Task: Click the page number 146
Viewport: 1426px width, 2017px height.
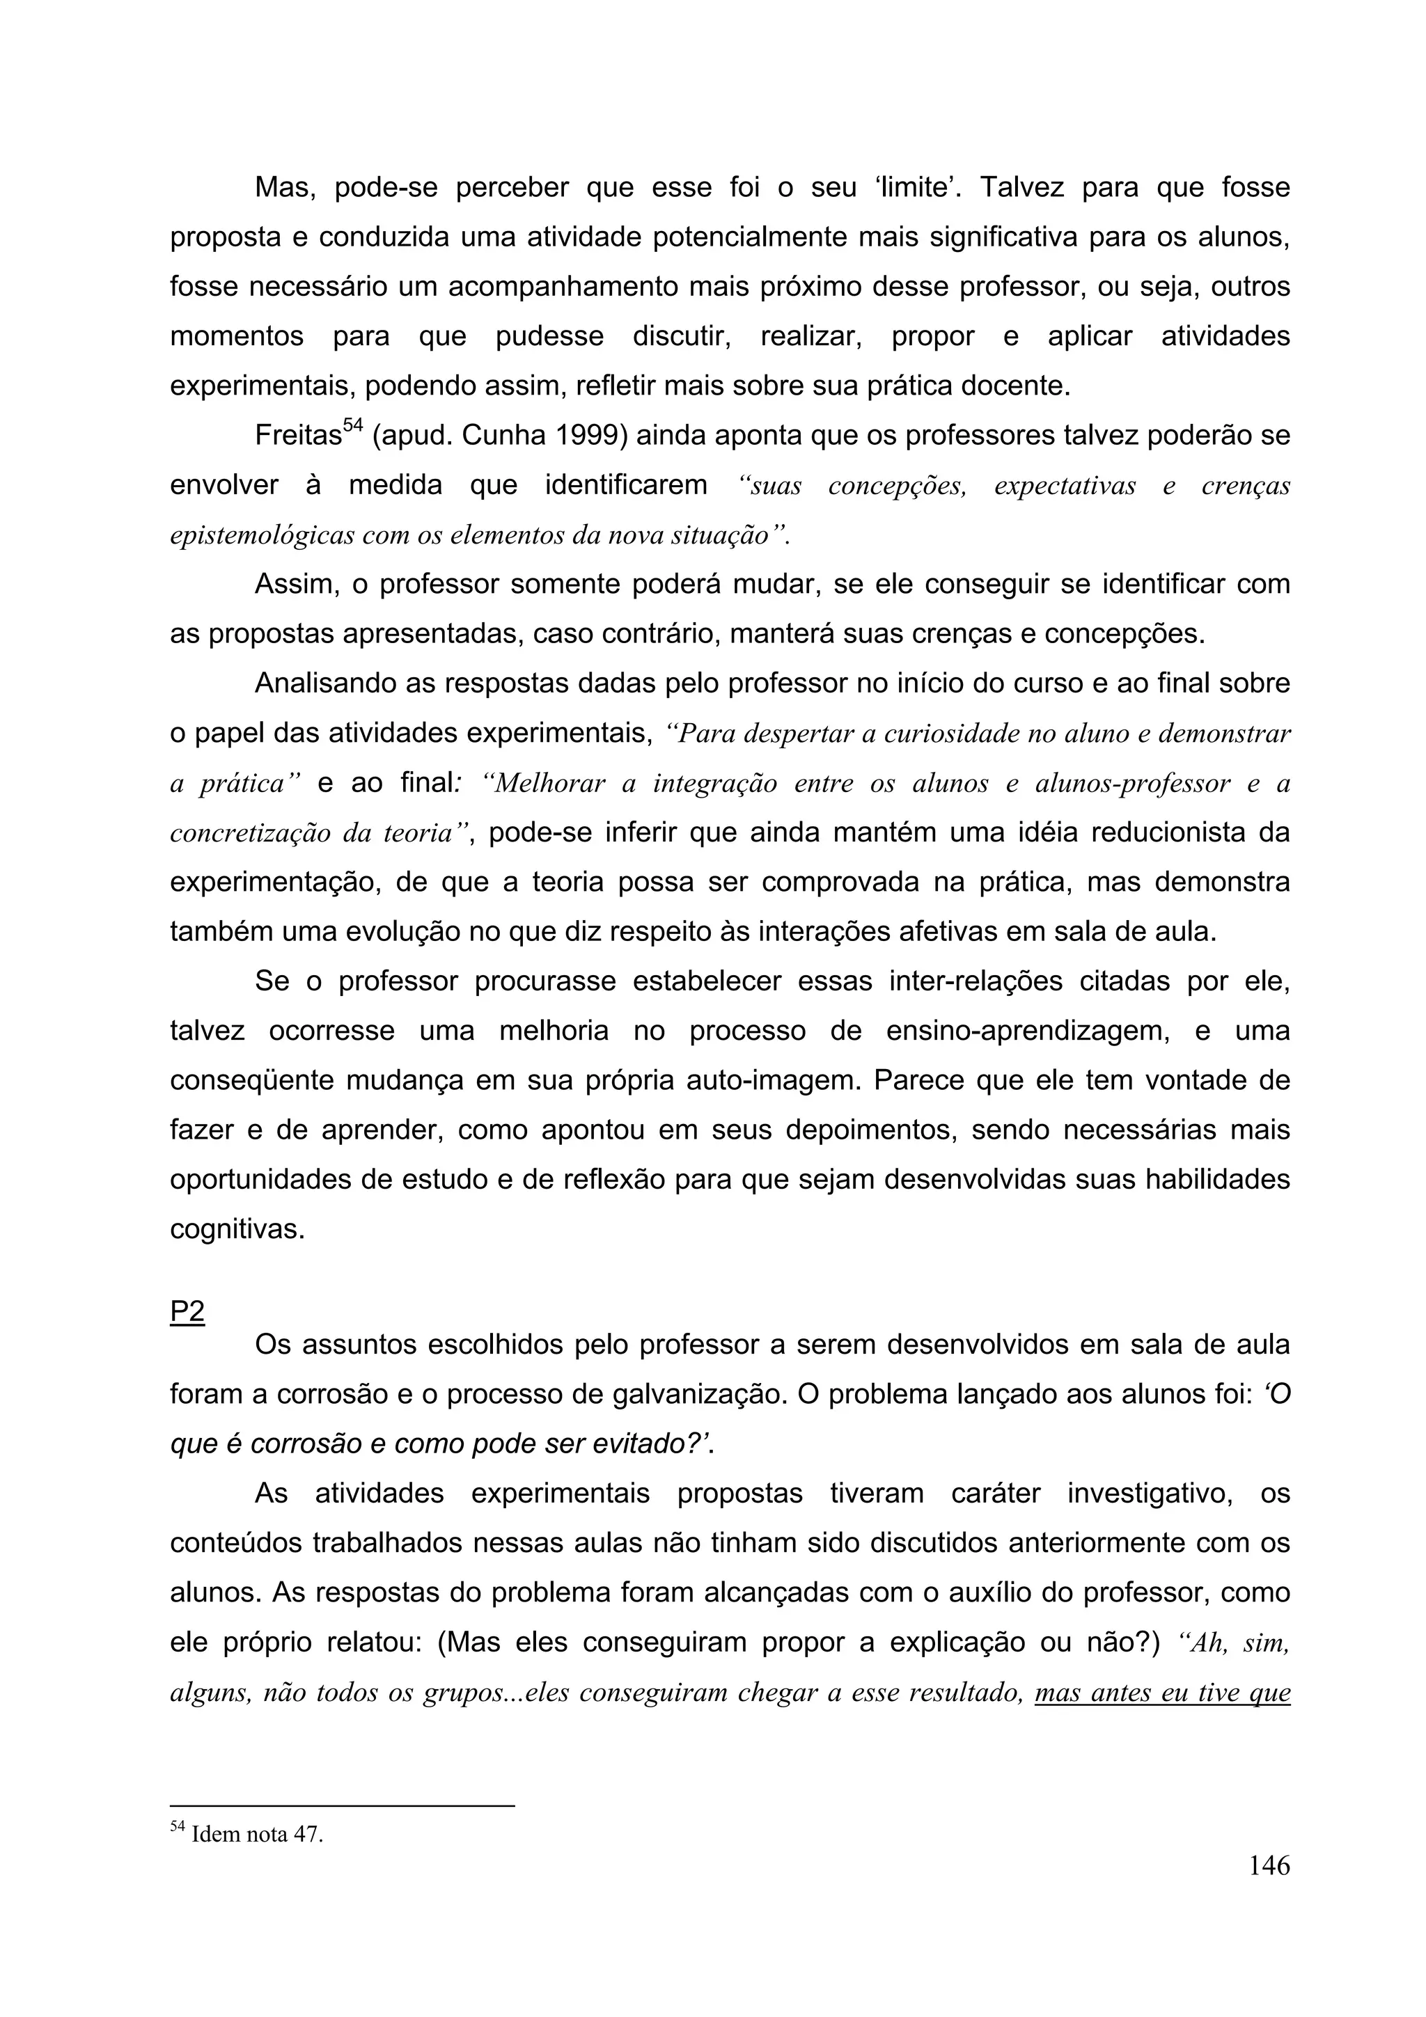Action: click(1269, 1890)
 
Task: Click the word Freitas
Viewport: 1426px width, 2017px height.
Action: click(298, 436)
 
